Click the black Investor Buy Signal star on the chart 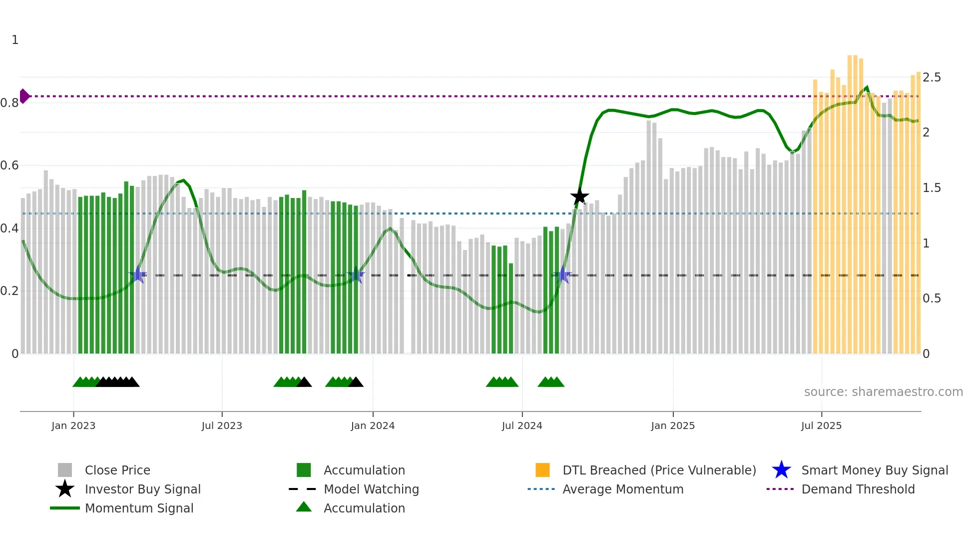(579, 196)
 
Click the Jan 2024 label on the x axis (373, 425)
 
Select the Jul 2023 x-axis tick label (222, 425)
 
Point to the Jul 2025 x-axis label (821, 425)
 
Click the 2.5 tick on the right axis (932, 77)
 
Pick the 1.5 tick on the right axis (932, 188)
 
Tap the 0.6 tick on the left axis (9, 165)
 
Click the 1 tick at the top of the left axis (15, 40)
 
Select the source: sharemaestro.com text (883, 392)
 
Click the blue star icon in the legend (781, 470)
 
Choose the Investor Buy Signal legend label (143, 489)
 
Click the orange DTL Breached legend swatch (542, 470)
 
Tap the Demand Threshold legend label (858, 489)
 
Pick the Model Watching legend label (371, 489)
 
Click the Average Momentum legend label (623, 489)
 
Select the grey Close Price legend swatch (65, 470)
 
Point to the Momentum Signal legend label (139, 508)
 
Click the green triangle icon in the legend (304, 507)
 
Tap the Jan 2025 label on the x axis (673, 425)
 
